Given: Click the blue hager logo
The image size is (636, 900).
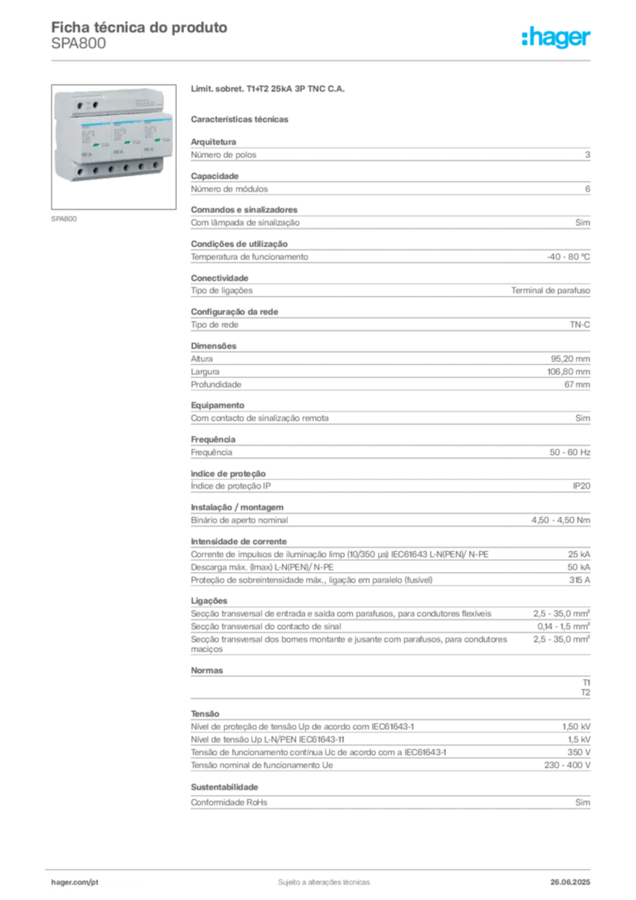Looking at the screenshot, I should coord(558,38).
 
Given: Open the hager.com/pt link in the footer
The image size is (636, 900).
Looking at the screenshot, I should coord(76,880).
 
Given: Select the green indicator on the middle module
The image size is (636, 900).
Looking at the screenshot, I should coord(126,141).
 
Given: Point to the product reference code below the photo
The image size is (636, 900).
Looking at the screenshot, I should coord(67,218).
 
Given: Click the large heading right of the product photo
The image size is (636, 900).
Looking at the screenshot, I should coord(271,90).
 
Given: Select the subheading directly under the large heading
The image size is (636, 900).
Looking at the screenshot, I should coord(242,118).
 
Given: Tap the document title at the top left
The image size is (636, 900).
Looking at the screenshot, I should coord(141,27).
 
